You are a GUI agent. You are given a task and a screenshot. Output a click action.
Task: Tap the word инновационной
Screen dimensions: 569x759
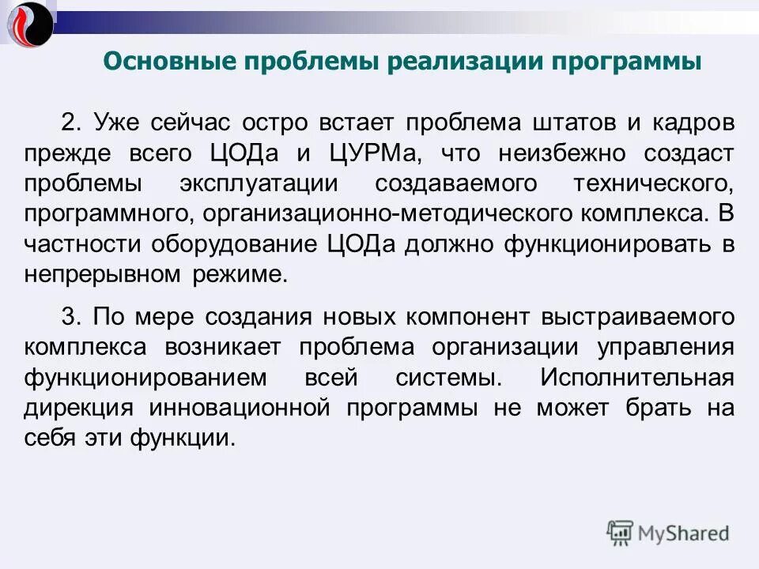tap(239, 408)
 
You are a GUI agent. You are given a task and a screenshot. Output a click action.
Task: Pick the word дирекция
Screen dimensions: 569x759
tap(77, 408)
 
